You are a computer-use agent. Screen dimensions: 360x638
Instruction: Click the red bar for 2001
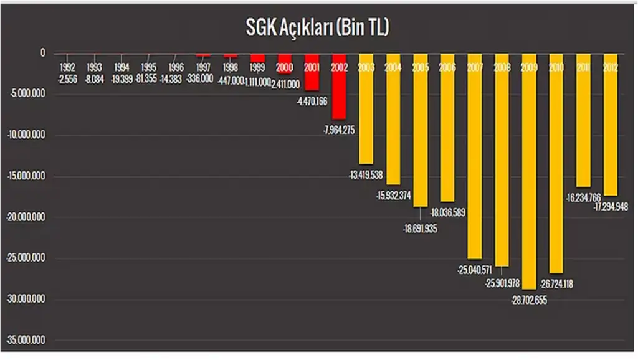[312, 78]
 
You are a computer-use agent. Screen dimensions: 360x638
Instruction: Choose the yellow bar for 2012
[611, 131]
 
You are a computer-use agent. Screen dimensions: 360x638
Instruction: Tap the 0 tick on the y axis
[43, 54]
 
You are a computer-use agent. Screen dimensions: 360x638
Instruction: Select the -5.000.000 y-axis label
[28, 94]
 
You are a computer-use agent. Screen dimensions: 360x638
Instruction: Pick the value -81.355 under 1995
[148, 79]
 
